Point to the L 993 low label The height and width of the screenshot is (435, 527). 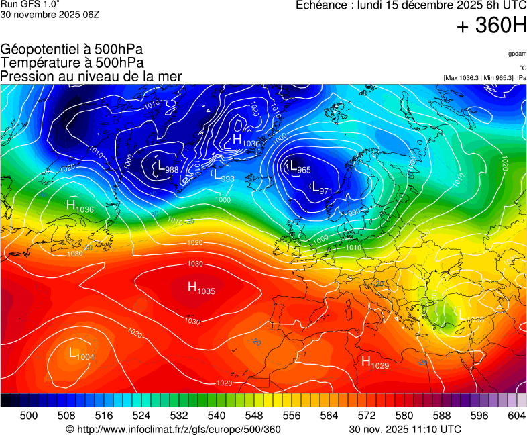click(223, 176)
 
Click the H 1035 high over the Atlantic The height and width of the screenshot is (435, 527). click(201, 289)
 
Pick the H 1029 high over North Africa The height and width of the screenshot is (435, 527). click(375, 362)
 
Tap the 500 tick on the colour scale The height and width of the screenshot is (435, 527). click(29, 416)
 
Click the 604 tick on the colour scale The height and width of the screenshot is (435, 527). click(516, 416)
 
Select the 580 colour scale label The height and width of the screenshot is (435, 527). click(404, 416)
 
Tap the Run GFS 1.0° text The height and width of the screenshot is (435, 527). click(30, 5)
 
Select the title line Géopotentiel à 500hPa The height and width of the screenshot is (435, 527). click(72, 50)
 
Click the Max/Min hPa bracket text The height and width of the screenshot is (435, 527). click(485, 78)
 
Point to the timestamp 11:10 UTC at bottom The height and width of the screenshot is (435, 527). click(405, 429)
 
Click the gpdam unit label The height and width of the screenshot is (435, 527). click(516, 54)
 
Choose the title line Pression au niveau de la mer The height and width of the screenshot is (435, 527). click(91, 77)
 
